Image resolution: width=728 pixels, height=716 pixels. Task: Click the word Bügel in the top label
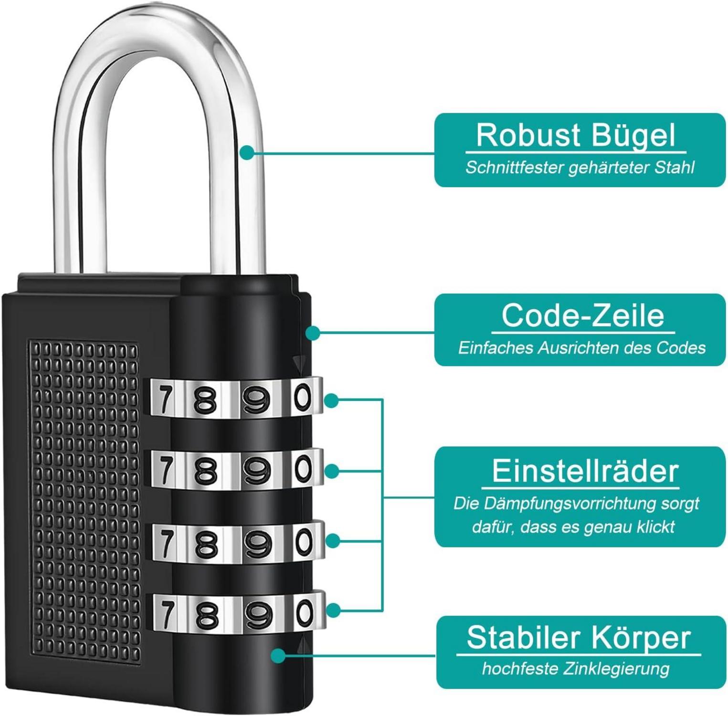pyautogui.click(x=633, y=136)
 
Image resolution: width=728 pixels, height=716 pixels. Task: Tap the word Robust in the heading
pyautogui.click(x=528, y=136)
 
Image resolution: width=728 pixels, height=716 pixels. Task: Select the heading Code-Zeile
pyautogui.click(x=582, y=316)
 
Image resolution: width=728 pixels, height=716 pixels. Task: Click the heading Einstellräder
pyautogui.click(x=585, y=471)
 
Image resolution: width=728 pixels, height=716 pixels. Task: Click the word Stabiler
pyautogui.click(x=522, y=638)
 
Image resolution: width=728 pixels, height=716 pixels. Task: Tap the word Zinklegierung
pyautogui.click(x=616, y=669)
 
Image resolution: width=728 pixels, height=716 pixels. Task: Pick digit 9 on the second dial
pyautogui.click(x=256, y=471)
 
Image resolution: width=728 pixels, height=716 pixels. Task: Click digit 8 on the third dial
pyautogui.click(x=206, y=544)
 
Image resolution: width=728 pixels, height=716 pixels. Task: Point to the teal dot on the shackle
pyautogui.click(x=247, y=153)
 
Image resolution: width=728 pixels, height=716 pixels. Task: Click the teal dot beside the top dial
pyautogui.click(x=331, y=400)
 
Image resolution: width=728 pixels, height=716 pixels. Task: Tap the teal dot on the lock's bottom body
pyautogui.click(x=278, y=655)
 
